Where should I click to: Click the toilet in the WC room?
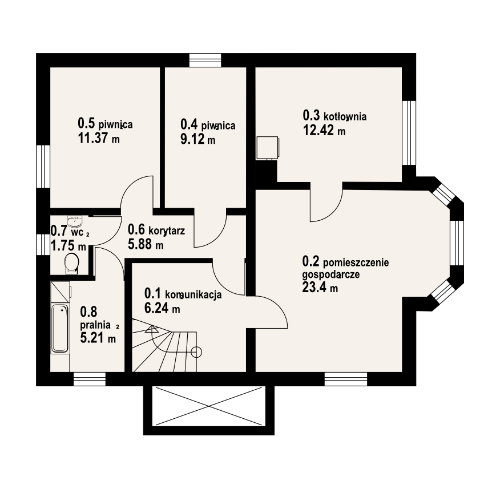coord(71,264)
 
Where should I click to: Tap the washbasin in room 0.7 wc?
coord(75,220)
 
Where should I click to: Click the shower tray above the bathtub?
coord(61,291)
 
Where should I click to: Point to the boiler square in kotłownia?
coord(268,148)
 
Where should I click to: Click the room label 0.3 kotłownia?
coord(334,116)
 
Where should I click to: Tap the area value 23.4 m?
coord(320,288)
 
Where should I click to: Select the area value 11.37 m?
coord(99,138)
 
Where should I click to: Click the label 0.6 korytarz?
coord(156,229)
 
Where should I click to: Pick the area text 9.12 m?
coord(197,139)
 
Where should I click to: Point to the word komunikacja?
coord(193,295)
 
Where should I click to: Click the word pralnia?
coord(95,325)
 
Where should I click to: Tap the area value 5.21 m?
coord(98,338)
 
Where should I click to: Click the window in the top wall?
coord(205,60)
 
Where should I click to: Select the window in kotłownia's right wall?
coord(409,132)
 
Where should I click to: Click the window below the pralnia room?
coord(89,379)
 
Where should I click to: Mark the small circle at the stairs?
coord(196,352)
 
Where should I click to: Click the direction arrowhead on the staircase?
coord(151,329)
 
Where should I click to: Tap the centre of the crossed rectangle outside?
coord(208,406)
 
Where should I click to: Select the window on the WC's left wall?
coord(43,244)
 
